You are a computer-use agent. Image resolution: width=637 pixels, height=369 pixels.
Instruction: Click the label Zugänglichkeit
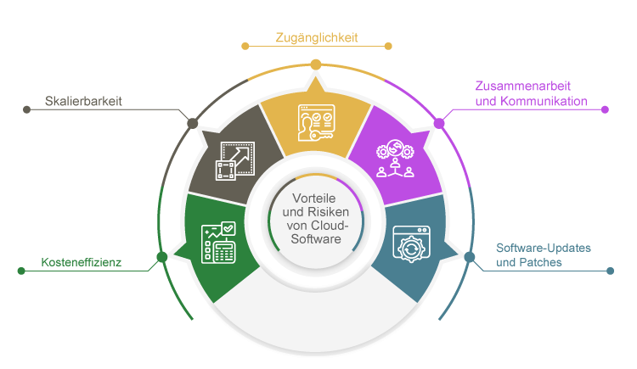317,37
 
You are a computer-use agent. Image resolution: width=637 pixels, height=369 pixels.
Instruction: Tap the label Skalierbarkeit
83,101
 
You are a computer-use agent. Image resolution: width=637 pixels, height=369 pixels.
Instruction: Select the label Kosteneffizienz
82,263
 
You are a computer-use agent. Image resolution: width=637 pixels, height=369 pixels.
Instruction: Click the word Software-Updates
543,248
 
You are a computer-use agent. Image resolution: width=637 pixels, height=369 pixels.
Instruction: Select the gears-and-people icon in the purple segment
394,158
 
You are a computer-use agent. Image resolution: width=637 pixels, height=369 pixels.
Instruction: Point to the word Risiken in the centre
326,213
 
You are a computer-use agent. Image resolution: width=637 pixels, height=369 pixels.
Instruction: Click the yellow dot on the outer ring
316,64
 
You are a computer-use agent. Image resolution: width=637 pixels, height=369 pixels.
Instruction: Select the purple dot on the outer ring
439,123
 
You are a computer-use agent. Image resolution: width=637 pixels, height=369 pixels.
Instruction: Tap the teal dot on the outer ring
470,256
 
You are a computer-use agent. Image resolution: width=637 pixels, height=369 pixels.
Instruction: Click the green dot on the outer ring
161,257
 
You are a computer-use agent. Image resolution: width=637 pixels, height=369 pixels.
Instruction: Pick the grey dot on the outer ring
193,123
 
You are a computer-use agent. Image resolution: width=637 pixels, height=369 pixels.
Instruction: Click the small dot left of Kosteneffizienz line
21,271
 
